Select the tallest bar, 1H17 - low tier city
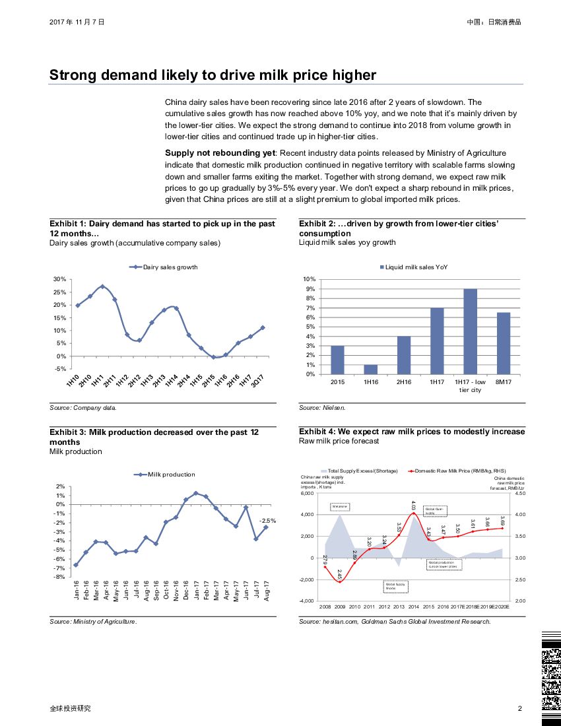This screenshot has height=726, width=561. pyautogui.click(x=470, y=331)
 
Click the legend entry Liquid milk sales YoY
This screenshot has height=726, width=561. pyautogui.click(x=416, y=267)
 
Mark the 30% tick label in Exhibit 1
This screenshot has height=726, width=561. pyautogui.click(x=59, y=279)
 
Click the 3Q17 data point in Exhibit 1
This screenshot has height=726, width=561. pyautogui.click(x=263, y=327)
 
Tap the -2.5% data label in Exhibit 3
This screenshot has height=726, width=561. pyautogui.click(x=267, y=520)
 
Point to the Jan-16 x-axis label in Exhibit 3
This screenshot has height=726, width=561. pyautogui.click(x=77, y=589)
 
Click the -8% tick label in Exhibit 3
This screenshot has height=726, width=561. pyautogui.click(x=59, y=577)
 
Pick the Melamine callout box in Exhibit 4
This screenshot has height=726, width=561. pyautogui.click(x=339, y=506)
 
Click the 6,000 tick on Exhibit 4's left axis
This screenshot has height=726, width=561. pyautogui.click(x=309, y=493)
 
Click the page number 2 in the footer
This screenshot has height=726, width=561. pyautogui.click(x=520, y=708)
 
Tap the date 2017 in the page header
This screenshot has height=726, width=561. pyautogui.click(x=57, y=22)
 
